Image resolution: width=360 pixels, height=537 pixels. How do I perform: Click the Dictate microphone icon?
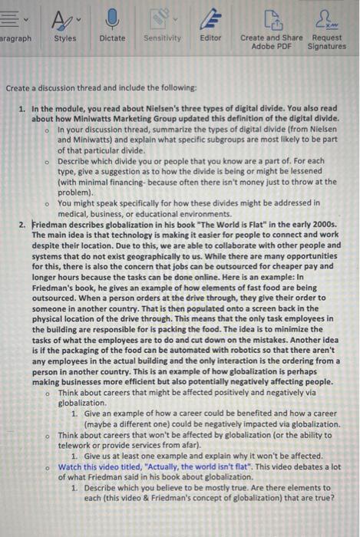pyautogui.click(x=113, y=18)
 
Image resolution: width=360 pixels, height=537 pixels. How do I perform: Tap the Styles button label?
pyautogui.click(x=65, y=38)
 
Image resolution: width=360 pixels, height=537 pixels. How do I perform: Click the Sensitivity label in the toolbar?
pyautogui.click(x=162, y=38)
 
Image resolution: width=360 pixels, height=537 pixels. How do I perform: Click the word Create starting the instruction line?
pyautogui.click(x=19, y=88)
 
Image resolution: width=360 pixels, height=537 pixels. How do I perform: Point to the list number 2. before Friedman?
pyautogui.click(x=22, y=224)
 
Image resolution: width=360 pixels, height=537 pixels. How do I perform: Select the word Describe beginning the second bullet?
pyautogui.click(x=76, y=162)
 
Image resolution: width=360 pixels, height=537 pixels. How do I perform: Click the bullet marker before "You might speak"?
pyautogui.click(x=47, y=203)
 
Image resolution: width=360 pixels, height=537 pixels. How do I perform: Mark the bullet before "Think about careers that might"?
pyautogui.click(x=47, y=391)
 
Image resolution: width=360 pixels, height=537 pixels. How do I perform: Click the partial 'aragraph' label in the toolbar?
pyautogui.click(x=15, y=38)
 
